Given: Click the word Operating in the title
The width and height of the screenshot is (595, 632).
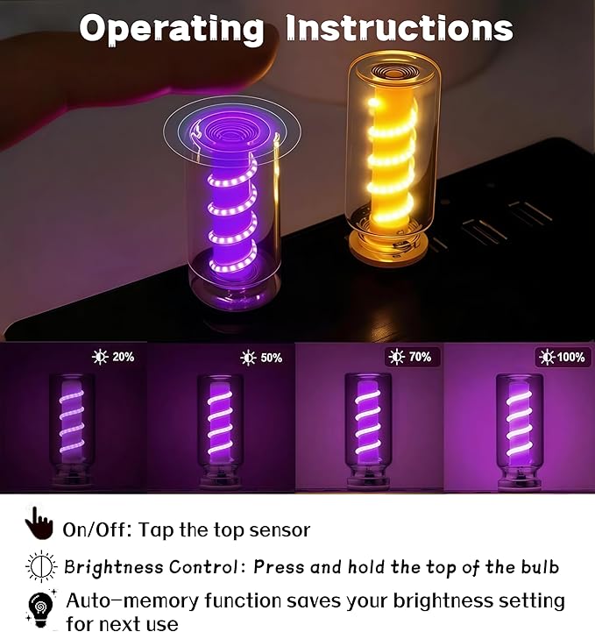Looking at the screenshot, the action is [171, 29].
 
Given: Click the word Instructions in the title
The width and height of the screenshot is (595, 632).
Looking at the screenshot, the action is [400, 27].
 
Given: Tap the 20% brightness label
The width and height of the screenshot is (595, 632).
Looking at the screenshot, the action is [113, 357].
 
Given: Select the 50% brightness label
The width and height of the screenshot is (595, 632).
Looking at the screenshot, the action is [261, 358].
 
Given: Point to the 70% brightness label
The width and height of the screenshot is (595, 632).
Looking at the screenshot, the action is [410, 357].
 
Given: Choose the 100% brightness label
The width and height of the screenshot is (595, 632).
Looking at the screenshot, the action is [563, 357].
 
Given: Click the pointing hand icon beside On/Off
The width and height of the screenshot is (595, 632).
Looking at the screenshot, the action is [39, 523].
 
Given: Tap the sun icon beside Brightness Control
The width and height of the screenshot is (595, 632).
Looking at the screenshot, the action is [41, 567].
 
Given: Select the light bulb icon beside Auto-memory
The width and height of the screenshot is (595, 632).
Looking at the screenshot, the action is [40, 609].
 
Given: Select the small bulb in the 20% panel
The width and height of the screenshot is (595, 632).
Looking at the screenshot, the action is [72, 430].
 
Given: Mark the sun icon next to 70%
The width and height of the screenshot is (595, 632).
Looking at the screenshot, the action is [396, 357].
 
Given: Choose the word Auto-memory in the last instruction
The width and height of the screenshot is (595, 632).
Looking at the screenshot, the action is [132, 600].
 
